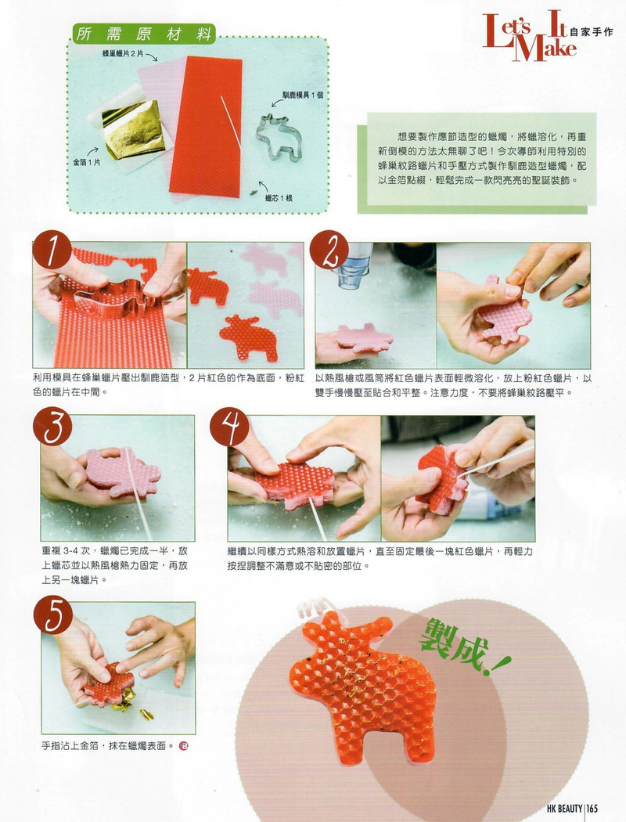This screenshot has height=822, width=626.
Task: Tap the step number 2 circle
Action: (x=329, y=250)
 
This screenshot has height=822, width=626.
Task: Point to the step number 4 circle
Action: (x=229, y=427)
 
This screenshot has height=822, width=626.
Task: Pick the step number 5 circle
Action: (x=53, y=615)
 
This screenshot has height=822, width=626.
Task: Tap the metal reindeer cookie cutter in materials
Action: (x=279, y=137)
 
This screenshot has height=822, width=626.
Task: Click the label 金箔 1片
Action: (x=86, y=163)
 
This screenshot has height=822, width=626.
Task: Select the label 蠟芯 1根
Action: (x=278, y=198)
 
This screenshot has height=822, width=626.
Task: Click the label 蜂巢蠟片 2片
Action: (x=123, y=54)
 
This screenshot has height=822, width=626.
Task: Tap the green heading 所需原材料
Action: (x=143, y=34)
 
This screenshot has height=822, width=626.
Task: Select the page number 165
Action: (x=592, y=809)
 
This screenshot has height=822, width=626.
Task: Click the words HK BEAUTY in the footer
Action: (x=564, y=809)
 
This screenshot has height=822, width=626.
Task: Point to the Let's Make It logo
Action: (x=529, y=36)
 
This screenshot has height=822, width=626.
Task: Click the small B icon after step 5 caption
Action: (x=183, y=745)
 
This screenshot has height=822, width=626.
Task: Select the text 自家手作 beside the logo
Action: (x=591, y=32)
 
